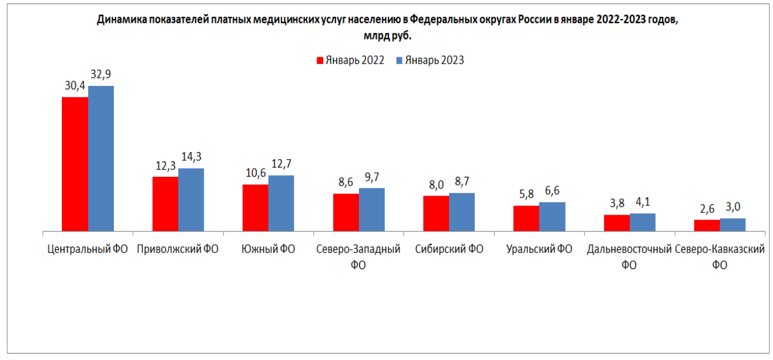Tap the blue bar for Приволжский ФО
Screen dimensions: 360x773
point(191,200)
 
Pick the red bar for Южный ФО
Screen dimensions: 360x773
point(255,208)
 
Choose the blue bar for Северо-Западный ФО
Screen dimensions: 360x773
point(372,209)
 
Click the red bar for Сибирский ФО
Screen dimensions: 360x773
point(436,213)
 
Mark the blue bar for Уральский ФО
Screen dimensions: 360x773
point(552,216)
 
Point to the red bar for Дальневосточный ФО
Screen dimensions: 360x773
point(616,223)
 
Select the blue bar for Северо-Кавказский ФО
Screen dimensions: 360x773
point(732,224)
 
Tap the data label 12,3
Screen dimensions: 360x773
point(164,166)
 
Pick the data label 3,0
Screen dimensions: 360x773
point(733,207)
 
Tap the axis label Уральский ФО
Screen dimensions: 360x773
point(539,250)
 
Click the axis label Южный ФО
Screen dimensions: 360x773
point(268,250)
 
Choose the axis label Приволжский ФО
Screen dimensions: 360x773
point(178,250)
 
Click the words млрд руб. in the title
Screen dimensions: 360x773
point(387,35)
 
